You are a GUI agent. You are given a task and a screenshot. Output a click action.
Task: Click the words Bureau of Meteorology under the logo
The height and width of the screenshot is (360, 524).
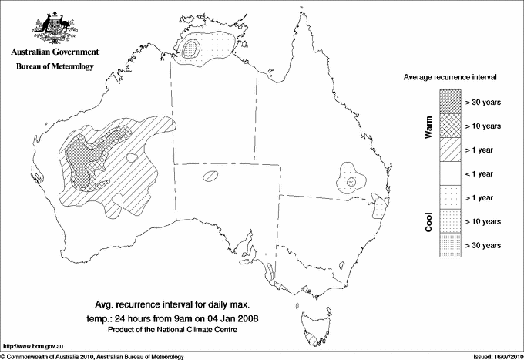(x=54, y=66)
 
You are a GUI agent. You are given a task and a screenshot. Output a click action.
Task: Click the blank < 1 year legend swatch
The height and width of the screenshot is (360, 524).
(x=449, y=173)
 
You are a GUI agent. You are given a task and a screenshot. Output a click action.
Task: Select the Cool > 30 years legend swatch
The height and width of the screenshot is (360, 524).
(x=449, y=244)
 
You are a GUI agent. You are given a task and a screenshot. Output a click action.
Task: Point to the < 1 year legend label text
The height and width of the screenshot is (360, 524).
(x=482, y=173)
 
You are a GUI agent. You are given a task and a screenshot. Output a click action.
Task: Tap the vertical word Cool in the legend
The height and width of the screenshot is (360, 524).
(x=428, y=221)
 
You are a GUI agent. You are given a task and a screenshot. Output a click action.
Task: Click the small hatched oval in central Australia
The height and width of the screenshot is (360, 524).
(x=210, y=177)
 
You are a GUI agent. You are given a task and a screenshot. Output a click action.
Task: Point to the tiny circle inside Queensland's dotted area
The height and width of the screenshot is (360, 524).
(x=351, y=181)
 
